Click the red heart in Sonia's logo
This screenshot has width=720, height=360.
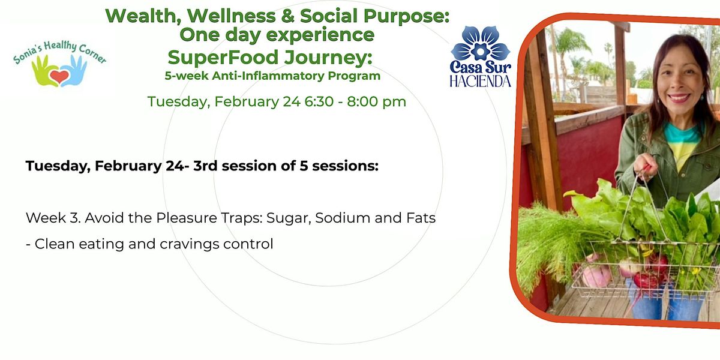[59, 77]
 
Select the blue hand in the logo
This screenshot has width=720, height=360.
[74, 71]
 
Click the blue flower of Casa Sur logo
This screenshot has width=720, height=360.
[480, 43]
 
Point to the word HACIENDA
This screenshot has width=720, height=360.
[480, 81]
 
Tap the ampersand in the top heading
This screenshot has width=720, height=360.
[287, 16]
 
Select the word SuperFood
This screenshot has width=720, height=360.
[223, 57]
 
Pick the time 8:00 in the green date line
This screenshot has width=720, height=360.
[366, 101]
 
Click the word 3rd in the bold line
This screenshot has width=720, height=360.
[205, 166]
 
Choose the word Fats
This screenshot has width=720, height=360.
[421, 218]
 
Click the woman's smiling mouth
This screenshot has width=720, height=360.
[679, 97]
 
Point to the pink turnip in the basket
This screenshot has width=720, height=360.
[596, 276]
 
